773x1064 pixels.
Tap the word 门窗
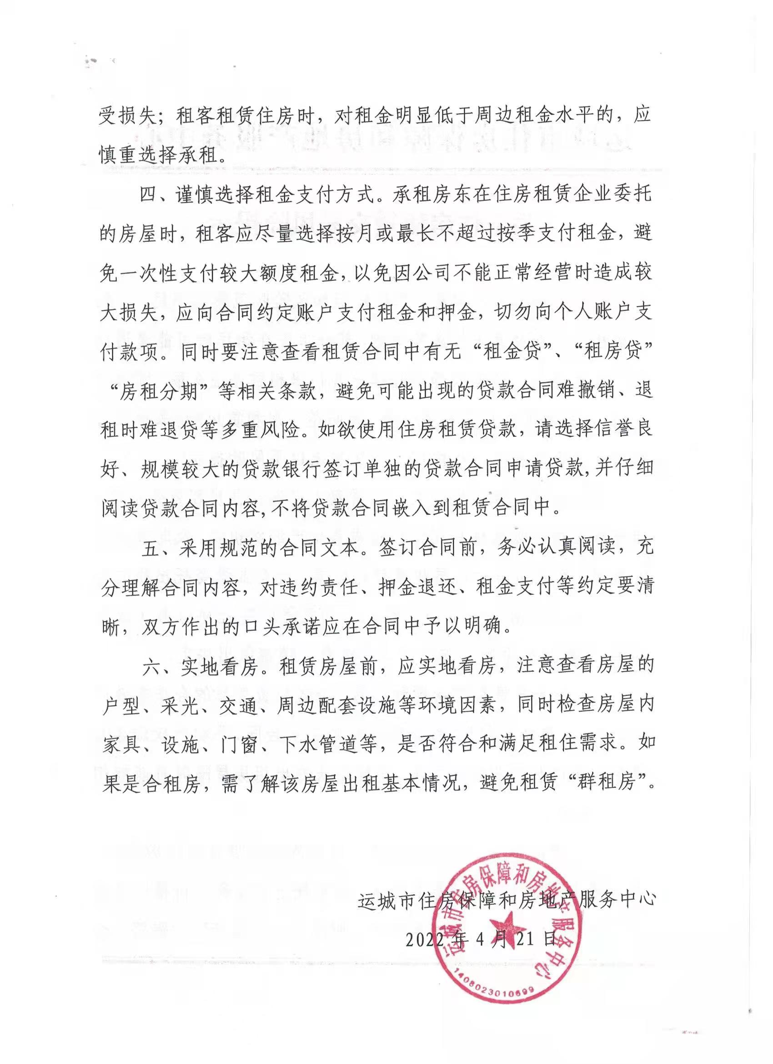pos(237,745)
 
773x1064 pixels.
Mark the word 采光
pos(177,705)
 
